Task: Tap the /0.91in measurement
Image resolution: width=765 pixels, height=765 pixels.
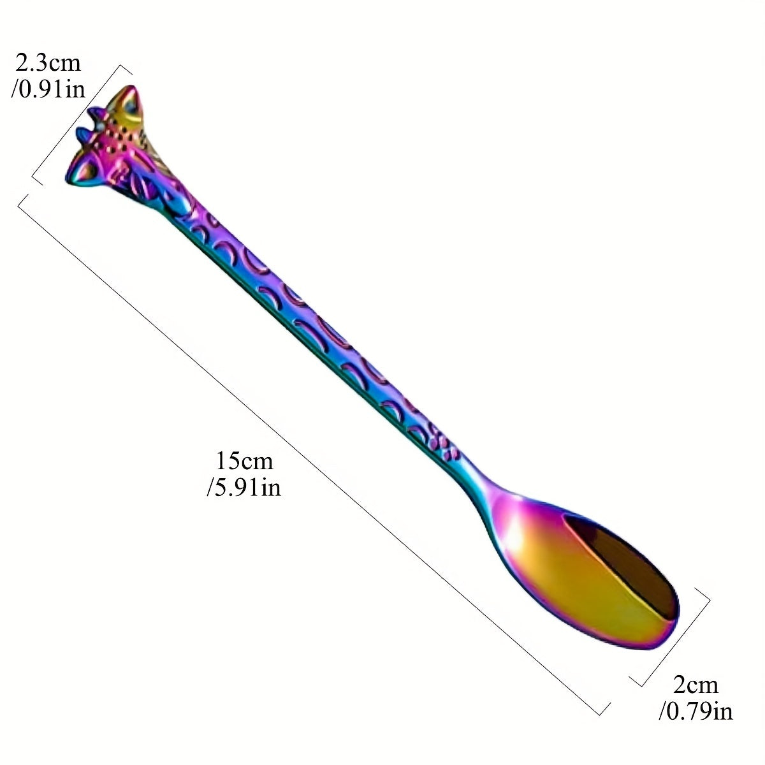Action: click(48, 89)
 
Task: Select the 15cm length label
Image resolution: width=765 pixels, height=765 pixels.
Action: click(244, 461)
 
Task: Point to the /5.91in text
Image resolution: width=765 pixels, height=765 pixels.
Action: click(244, 487)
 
